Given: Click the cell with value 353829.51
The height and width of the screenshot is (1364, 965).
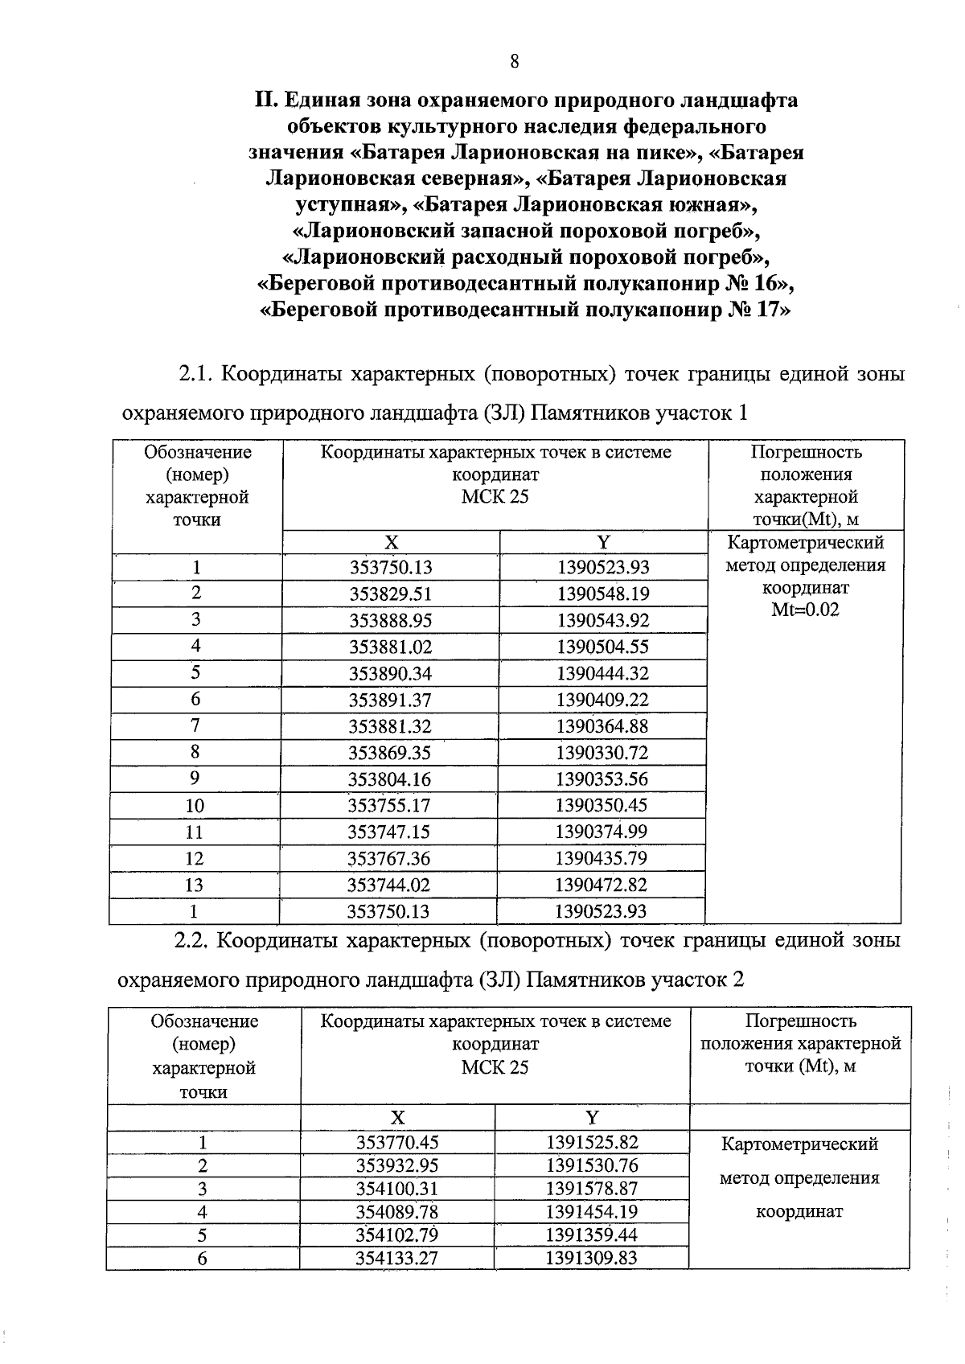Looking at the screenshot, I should (x=390, y=594).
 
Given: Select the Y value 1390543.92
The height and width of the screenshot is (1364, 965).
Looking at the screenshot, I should (x=602, y=621).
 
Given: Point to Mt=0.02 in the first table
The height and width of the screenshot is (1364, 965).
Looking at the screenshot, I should (x=805, y=610).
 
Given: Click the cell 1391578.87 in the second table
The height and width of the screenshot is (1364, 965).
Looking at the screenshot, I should (x=591, y=1189).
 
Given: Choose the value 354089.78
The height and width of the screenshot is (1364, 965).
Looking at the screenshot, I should (x=397, y=1212).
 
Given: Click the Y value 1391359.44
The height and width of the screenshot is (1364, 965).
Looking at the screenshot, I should (x=591, y=1235).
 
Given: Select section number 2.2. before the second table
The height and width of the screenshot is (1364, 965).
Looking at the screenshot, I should (x=193, y=941).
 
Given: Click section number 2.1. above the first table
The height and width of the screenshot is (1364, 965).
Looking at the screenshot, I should (x=195, y=375).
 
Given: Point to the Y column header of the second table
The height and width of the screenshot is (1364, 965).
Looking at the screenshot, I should (x=592, y=1118).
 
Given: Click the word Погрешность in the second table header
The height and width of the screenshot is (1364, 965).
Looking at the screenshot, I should (x=800, y=1021).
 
